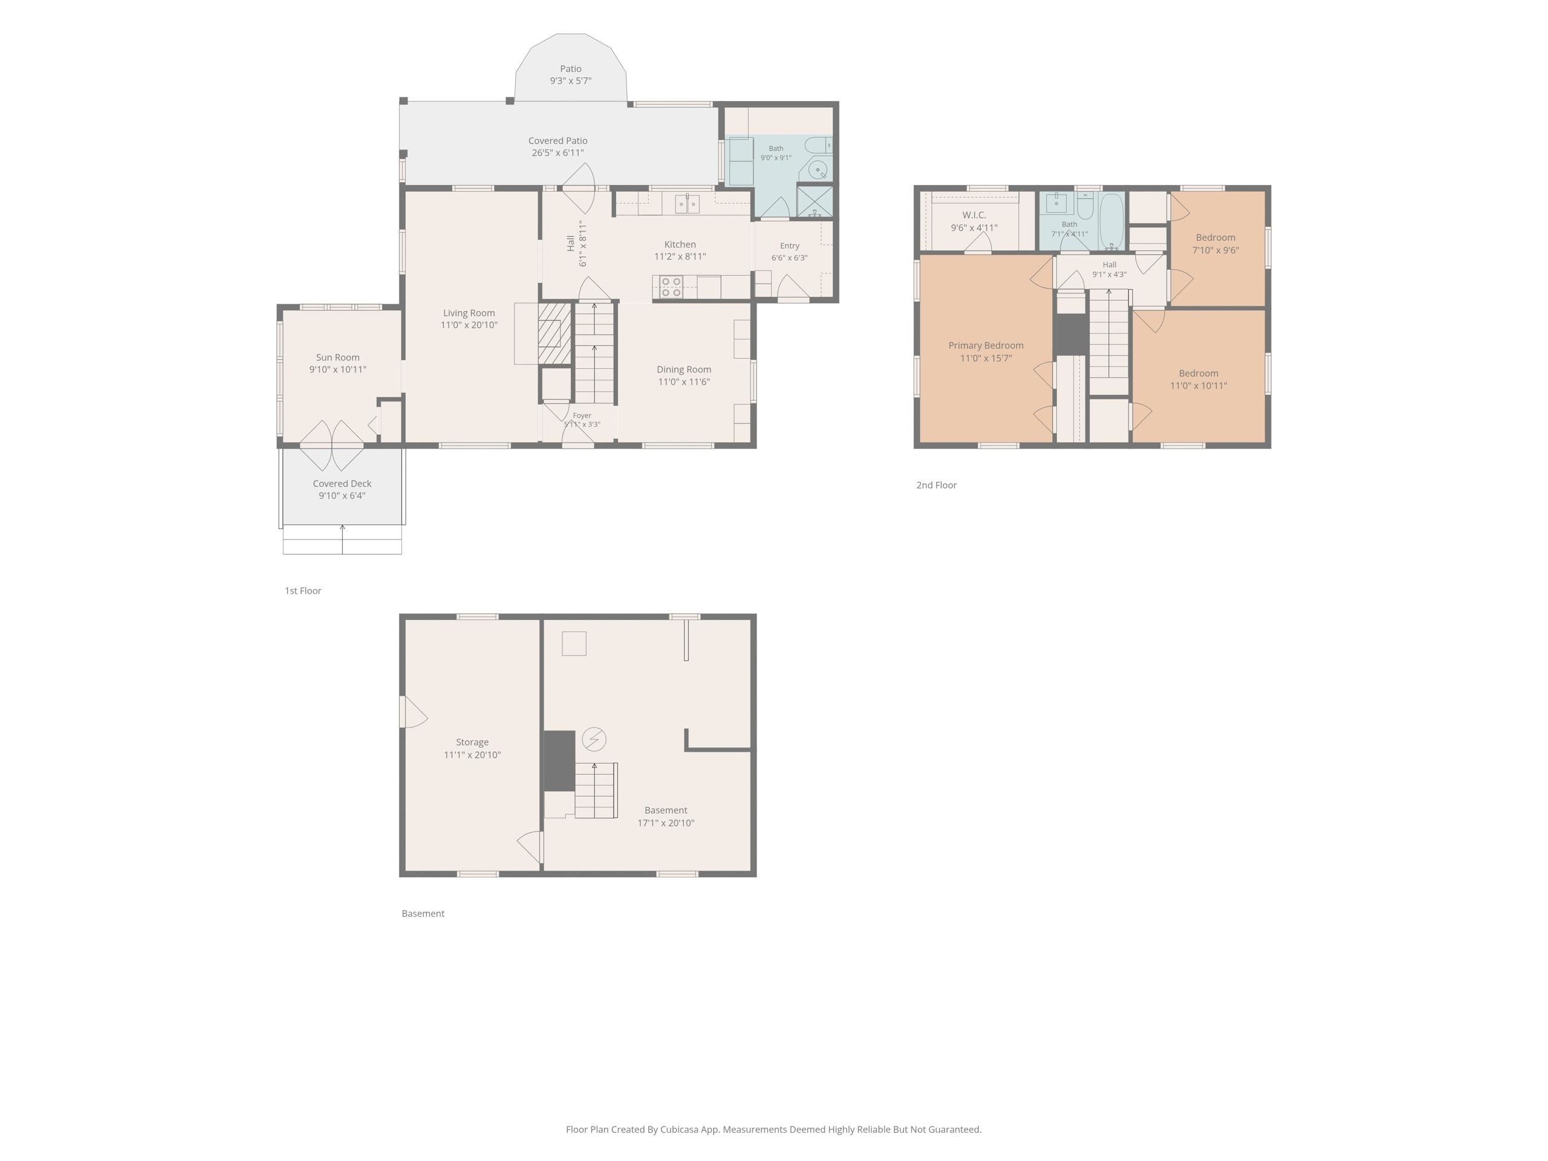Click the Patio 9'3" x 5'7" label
point(570,74)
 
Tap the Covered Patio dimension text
point(558,152)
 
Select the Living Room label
point(469,313)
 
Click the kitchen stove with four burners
point(671,287)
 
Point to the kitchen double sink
point(687,204)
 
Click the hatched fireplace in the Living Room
point(555,333)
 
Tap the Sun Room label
point(338,357)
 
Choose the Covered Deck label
point(342,484)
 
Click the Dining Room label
point(684,369)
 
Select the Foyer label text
point(582,415)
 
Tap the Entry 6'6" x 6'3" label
point(789,251)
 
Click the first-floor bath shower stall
point(815,201)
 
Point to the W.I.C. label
point(974,215)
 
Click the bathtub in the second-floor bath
point(1111,221)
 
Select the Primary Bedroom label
point(986,345)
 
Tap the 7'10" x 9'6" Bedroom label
point(1215,244)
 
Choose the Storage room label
point(472,742)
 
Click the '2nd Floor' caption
point(936,485)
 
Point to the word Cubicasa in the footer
point(683,1129)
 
